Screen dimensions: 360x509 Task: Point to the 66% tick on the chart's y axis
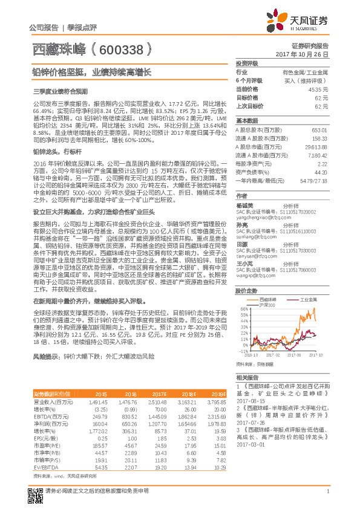(x=242, y=309)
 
